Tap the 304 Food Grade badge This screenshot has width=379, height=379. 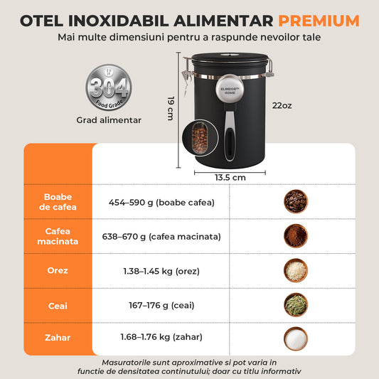109,88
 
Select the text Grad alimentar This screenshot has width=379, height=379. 109,120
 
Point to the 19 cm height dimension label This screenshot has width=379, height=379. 171,108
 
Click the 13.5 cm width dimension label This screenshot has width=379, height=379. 230,177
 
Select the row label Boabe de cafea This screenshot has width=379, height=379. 58,202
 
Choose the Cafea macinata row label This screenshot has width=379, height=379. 58,236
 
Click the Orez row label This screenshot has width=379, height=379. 58,270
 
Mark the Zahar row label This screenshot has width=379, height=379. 58,337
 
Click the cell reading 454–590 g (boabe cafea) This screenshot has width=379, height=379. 161,202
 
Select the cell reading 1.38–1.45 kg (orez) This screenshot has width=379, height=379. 161,270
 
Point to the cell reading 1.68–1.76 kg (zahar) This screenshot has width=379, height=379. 161,337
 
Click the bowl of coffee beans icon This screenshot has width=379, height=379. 295,201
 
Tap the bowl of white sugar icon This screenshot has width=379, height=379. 295,337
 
